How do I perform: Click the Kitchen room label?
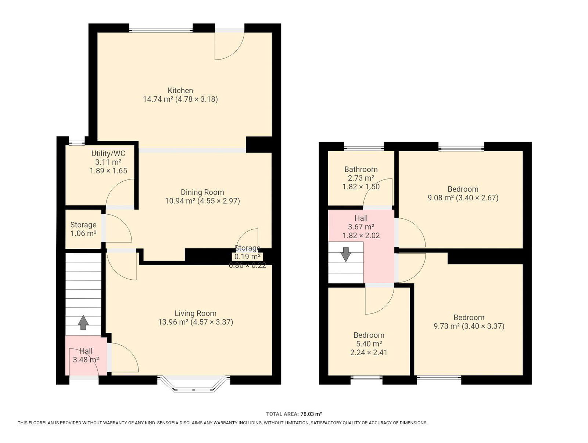180,90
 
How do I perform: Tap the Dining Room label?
202,192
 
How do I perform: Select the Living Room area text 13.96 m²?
173,322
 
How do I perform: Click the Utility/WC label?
108,153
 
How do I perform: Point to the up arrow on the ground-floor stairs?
83,322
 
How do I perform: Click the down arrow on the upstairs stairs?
346,254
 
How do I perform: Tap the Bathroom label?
361,169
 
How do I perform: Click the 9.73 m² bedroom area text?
447,326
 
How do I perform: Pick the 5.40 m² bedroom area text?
369,344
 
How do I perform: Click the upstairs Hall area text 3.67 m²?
361,227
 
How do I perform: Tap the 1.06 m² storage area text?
83,233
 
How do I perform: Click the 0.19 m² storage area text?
248,257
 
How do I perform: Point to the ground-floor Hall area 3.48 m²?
86,360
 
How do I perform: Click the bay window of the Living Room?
193,384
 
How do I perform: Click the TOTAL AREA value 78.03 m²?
311,414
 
